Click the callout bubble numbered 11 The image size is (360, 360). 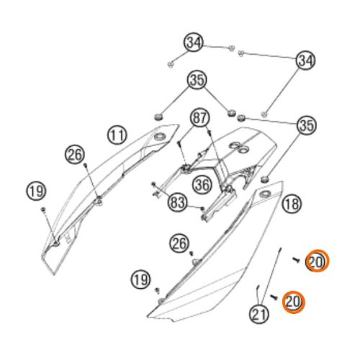(x=117, y=135)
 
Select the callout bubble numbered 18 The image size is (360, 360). (x=292, y=204)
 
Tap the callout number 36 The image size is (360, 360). (x=202, y=184)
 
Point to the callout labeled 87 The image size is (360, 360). (x=200, y=118)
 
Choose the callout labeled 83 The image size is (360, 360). (x=177, y=202)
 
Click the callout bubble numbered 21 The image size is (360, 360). (x=259, y=313)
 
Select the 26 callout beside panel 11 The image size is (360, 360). (x=75, y=154)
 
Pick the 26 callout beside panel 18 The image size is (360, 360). (x=179, y=243)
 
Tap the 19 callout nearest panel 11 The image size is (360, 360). (x=36, y=191)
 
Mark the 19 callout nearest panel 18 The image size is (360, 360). (x=140, y=279)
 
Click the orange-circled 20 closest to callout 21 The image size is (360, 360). (x=293, y=302)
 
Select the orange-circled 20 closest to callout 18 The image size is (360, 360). (x=317, y=261)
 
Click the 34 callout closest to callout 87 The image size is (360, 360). (x=194, y=42)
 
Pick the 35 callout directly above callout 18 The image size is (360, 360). (x=306, y=125)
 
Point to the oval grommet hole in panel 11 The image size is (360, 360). (x=159, y=138)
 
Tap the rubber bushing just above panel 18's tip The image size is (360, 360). (x=265, y=179)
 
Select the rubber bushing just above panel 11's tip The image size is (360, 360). (x=158, y=117)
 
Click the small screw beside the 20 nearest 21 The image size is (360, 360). (x=274, y=297)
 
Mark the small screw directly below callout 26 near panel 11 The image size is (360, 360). (x=85, y=165)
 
